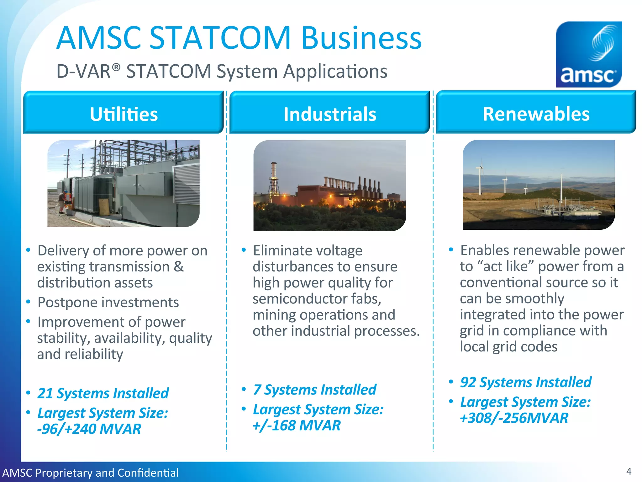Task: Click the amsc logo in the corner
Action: [588, 54]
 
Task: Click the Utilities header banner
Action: [124, 113]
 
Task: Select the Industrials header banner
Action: [329, 113]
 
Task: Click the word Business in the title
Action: [361, 38]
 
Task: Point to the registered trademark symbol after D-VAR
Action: [116, 67]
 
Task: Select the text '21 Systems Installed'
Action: [103, 393]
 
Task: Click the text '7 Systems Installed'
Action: [314, 390]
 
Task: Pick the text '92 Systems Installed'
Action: [525, 382]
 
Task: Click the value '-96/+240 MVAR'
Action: [89, 429]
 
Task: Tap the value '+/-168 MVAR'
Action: [297, 426]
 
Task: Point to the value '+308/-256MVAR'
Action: [514, 418]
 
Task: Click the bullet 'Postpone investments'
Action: [108, 303]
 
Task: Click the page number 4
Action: [629, 471]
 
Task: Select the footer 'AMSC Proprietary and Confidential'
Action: [90, 473]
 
